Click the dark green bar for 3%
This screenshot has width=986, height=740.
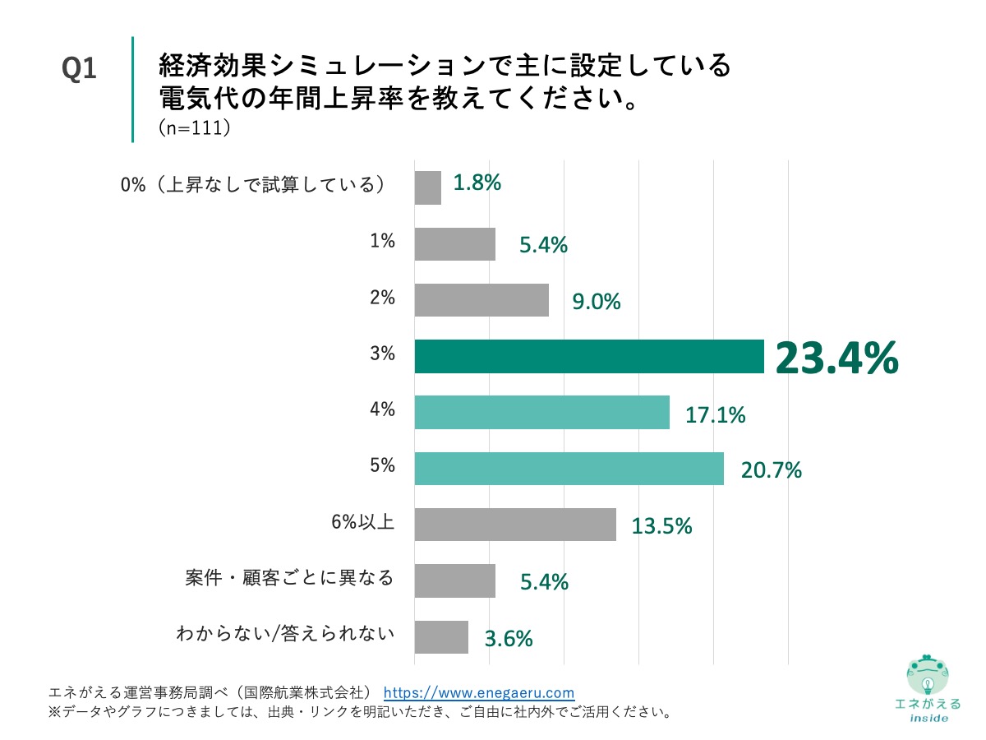(x=589, y=357)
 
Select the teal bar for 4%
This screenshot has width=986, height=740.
(x=541, y=413)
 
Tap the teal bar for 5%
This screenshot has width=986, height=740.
(x=569, y=469)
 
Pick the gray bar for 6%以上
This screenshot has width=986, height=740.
(x=515, y=525)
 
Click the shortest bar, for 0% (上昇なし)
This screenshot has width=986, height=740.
(x=428, y=187)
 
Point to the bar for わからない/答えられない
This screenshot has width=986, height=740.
(x=441, y=637)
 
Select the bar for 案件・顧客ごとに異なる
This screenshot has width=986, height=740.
(x=455, y=580)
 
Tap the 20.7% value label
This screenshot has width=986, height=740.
(x=771, y=471)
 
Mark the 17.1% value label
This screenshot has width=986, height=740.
(x=716, y=415)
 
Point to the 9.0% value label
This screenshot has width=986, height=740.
(x=597, y=303)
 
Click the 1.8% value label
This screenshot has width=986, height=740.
(x=477, y=183)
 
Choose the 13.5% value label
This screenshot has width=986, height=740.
(x=661, y=526)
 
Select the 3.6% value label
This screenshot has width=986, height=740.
(x=508, y=638)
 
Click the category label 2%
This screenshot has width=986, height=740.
(x=382, y=298)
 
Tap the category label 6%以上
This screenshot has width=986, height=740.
(x=362, y=521)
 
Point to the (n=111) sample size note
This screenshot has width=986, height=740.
(x=193, y=129)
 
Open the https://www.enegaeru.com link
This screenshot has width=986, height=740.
(x=479, y=692)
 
